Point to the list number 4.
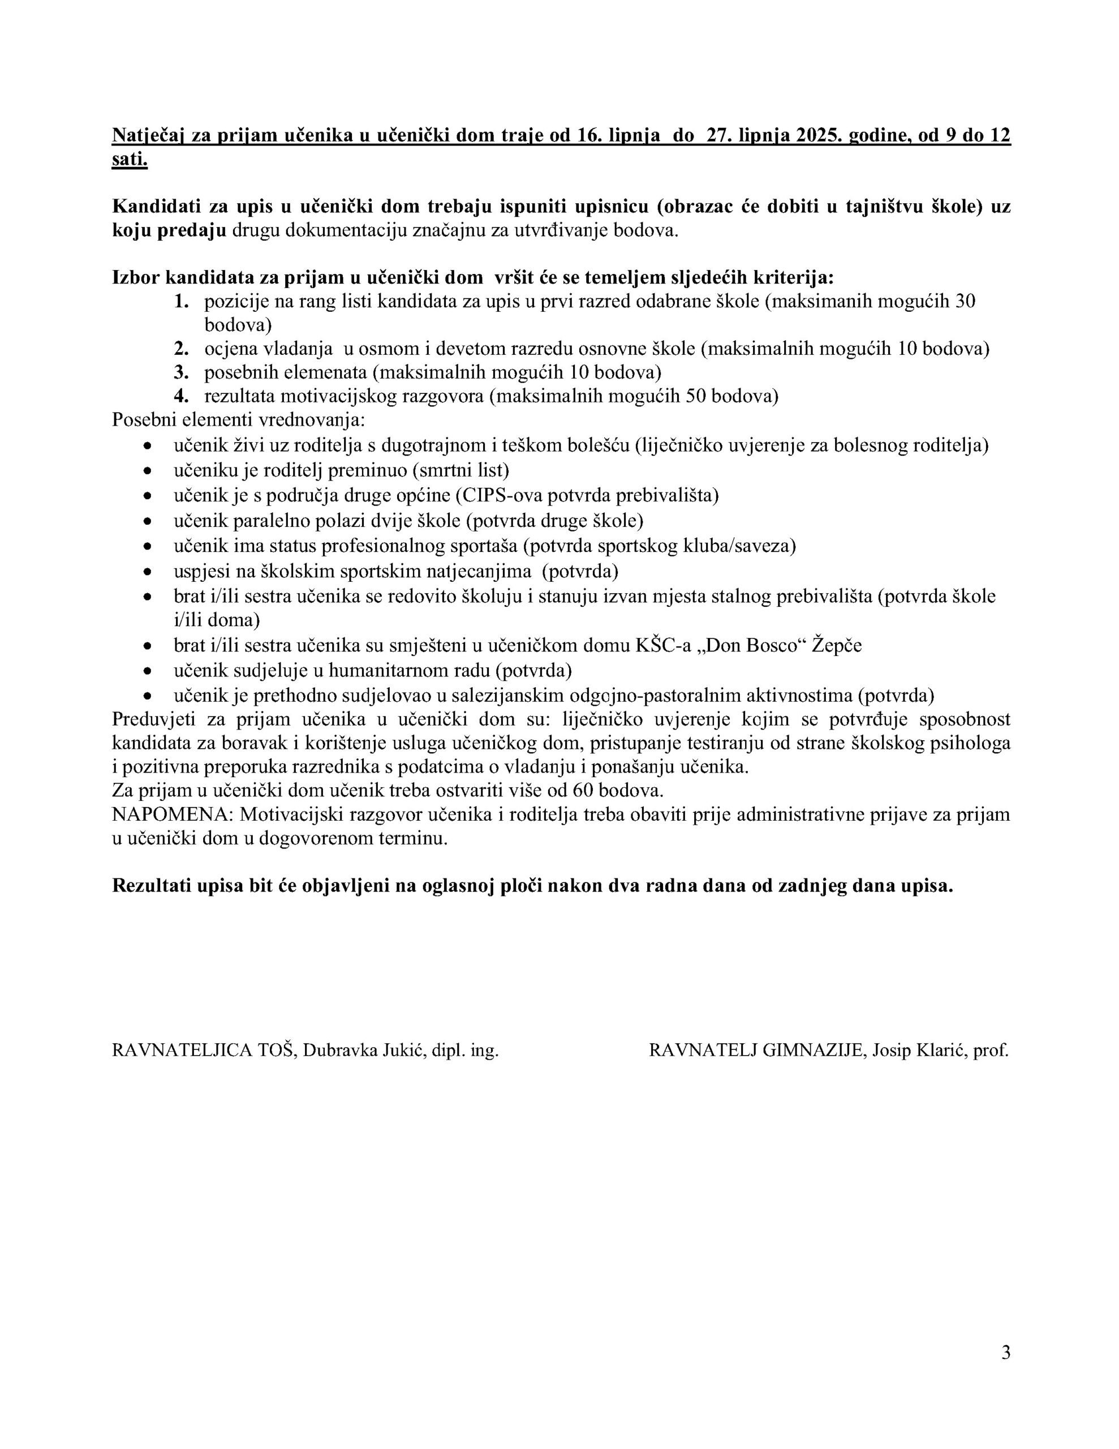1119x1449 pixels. pyautogui.click(x=181, y=396)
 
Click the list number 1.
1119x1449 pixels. pyautogui.click(x=181, y=301)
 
